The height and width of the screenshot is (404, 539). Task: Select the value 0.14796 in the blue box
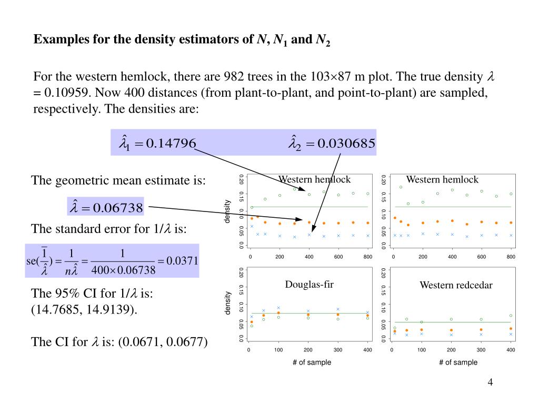[171, 143]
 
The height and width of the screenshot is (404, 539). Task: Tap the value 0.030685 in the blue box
[346, 143]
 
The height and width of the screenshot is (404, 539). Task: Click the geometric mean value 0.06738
[118, 208]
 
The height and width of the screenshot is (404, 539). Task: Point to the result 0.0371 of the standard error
[182, 261]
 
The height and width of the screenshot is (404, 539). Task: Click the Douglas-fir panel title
[310, 285]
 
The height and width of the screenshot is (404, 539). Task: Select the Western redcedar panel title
[456, 285]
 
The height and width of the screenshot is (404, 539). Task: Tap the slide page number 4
[490, 382]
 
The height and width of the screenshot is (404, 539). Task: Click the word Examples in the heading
[56, 40]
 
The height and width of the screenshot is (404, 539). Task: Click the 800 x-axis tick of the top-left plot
[367, 257]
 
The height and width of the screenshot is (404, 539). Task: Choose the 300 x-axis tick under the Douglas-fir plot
[338, 350]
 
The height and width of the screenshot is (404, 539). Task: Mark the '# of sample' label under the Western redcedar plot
[458, 362]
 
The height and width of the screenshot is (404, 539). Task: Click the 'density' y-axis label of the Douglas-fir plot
[227, 303]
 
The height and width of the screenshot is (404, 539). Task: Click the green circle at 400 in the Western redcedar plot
[511, 316]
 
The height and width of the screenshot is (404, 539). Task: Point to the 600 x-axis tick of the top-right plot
[482, 257]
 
